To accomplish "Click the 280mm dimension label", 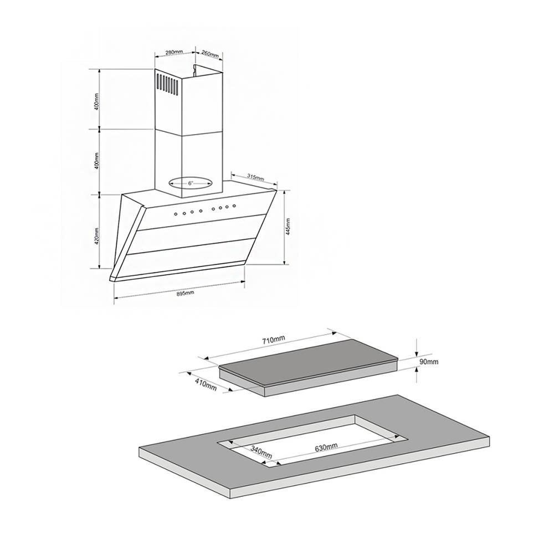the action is (x=174, y=53).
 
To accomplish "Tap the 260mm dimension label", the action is (x=210, y=54).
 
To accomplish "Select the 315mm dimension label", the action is (x=256, y=178).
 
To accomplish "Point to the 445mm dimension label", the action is (x=288, y=227).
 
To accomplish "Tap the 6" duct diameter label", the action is (x=190, y=183).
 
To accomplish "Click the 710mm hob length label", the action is (x=273, y=341).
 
